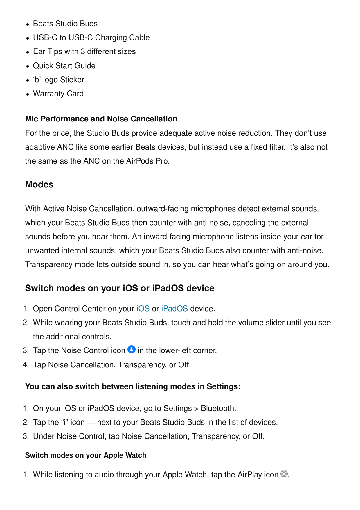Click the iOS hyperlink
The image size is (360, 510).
[x=143, y=309]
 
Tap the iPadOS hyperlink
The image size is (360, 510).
[x=174, y=309]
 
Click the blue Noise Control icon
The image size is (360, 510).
[x=132, y=349]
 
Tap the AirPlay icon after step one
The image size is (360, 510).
[x=284, y=474]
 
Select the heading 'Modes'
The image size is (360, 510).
[x=39, y=185]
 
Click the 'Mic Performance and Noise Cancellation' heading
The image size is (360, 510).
[x=101, y=119]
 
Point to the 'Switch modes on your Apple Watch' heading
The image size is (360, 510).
[x=86, y=455]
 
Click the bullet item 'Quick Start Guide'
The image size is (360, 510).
[x=64, y=66]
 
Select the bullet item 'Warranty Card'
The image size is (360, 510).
[x=58, y=94]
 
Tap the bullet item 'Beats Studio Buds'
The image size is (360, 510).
[x=65, y=24]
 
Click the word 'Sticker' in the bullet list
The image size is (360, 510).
[x=72, y=80]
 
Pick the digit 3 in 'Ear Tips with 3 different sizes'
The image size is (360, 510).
[x=83, y=51]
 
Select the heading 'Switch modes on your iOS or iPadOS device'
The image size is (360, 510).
[x=120, y=288]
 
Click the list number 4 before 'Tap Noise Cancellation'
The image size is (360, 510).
[x=25, y=365]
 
